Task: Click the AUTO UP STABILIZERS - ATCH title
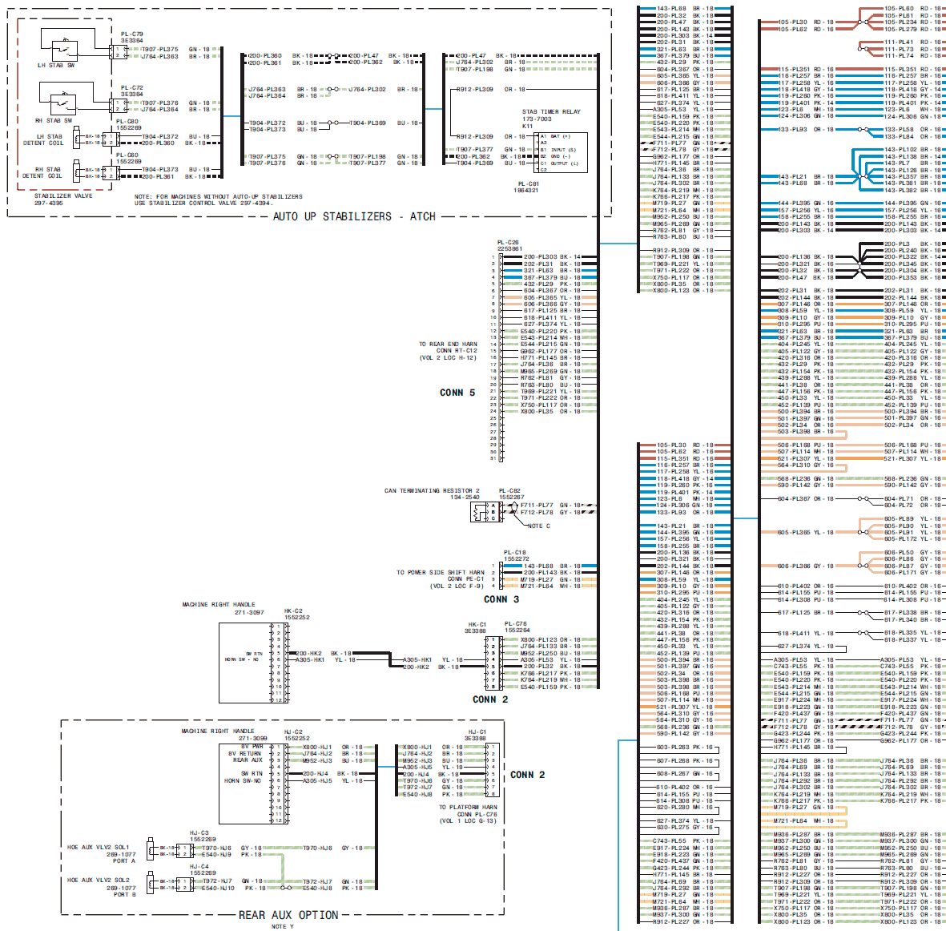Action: (x=354, y=216)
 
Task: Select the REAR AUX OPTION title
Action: (x=288, y=915)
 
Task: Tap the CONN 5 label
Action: (x=457, y=393)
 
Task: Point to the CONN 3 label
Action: (x=501, y=599)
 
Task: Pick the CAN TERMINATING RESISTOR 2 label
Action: (x=432, y=491)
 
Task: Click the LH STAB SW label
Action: (x=56, y=66)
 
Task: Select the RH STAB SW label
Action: (x=54, y=121)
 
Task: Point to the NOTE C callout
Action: (x=539, y=526)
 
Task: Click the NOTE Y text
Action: (x=283, y=926)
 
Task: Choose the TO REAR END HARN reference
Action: (x=448, y=345)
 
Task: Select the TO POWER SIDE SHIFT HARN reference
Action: (x=441, y=573)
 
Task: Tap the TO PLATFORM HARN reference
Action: (x=468, y=808)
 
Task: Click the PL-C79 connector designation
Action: (x=132, y=34)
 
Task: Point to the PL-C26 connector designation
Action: (x=508, y=242)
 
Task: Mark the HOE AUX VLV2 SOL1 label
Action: (x=98, y=848)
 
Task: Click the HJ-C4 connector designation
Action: (x=199, y=867)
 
